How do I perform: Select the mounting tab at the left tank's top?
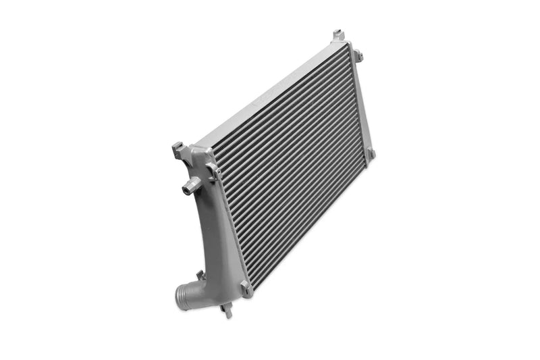point(178,149)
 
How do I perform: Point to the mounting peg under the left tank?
point(227,310)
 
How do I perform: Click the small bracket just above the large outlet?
point(200,275)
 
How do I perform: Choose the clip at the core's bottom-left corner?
point(246,288)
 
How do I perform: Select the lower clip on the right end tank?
point(370,154)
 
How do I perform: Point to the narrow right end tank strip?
point(360,101)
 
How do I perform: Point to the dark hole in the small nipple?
point(185,190)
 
